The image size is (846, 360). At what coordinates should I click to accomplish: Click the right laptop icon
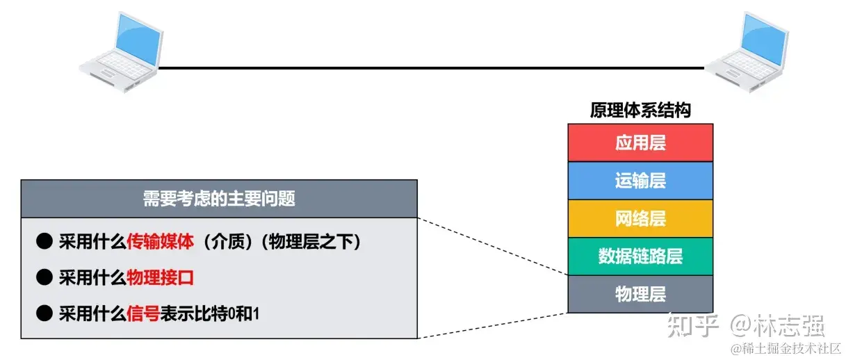pos(747,51)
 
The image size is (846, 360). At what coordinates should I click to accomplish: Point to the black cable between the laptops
pos(431,68)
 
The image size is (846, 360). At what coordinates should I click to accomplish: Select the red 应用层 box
pos(640,143)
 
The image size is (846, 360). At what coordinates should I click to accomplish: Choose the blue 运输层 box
pos(640,181)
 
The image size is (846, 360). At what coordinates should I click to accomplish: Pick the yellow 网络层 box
pos(640,218)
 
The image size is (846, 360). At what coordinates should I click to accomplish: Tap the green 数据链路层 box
pos(640,256)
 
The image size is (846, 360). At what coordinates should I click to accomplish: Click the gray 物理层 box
pos(640,294)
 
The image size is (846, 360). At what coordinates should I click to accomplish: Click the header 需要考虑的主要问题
pos(219,199)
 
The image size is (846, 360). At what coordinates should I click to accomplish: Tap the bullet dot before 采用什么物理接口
pos(44,277)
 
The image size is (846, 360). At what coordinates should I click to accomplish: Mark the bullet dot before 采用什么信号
pos(44,313)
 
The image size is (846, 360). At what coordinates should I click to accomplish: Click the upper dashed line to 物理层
pos(494,247)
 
